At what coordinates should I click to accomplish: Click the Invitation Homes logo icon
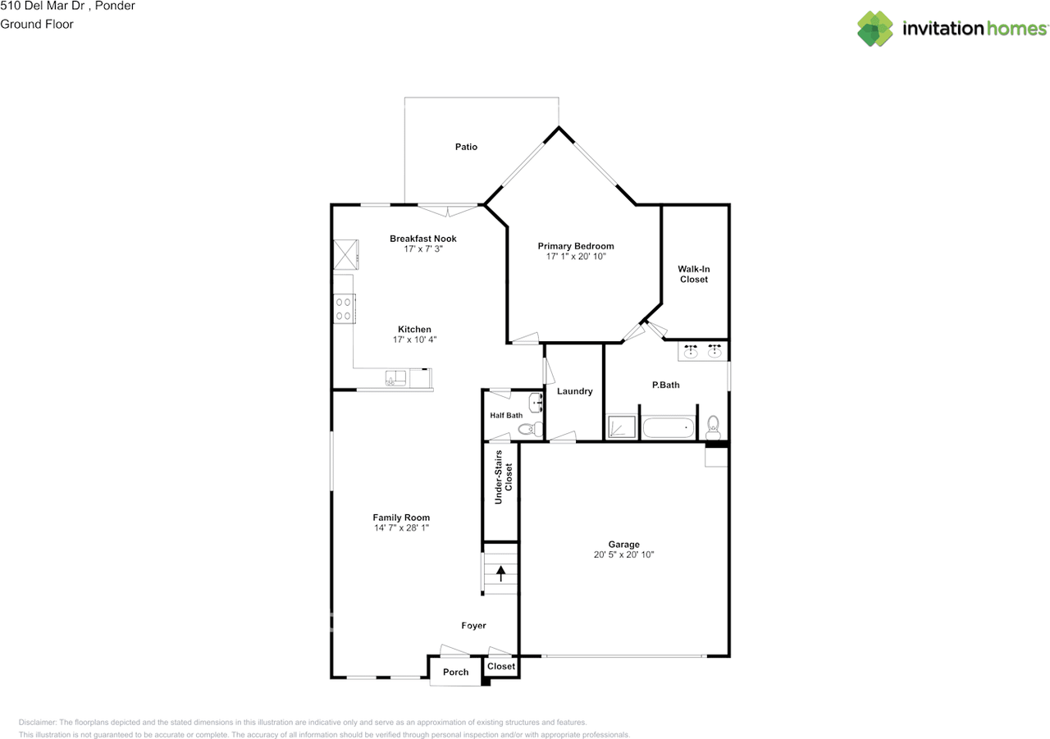point(874,29)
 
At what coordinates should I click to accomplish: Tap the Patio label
point(466,147)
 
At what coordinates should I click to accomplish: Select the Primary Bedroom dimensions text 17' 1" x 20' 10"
point(576,257)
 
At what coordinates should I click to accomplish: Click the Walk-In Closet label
point(693,274)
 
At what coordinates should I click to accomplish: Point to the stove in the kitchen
point(345,308)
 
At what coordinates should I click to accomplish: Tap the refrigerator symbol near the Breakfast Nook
point(345,253)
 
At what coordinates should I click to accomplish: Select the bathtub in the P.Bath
point(668,427)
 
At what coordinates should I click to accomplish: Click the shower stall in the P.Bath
point(620,427)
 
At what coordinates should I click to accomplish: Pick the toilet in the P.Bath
point(713,427)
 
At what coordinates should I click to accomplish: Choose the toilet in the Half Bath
point(530,428)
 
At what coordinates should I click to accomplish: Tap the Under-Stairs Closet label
point(503,471)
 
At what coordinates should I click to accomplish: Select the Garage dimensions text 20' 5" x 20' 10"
point(624,554)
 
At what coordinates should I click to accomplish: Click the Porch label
point(455,672)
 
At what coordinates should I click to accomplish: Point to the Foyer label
point(473,626)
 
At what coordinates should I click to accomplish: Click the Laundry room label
point(574,391)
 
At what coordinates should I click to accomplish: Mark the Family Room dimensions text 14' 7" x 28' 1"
point(401,528)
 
